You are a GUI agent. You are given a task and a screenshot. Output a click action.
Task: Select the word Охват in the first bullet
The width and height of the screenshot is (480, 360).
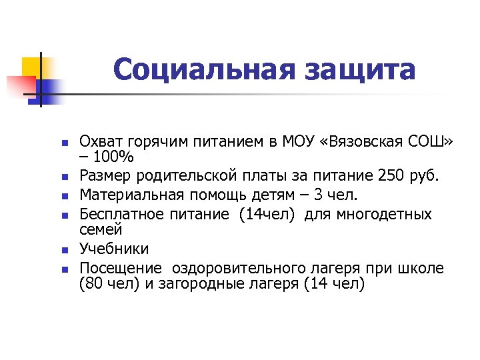pyautogui.click(x=99, y=141)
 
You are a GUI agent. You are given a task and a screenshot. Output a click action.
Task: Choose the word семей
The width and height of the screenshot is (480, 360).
pyautogui.click(x=101, y=230)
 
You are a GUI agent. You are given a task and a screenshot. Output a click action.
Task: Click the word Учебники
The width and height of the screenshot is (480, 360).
pyautogui.click(x=114, y=249)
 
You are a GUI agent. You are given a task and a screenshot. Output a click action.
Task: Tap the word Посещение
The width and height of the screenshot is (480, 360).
pyautogui.click(x=120, y=269)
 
